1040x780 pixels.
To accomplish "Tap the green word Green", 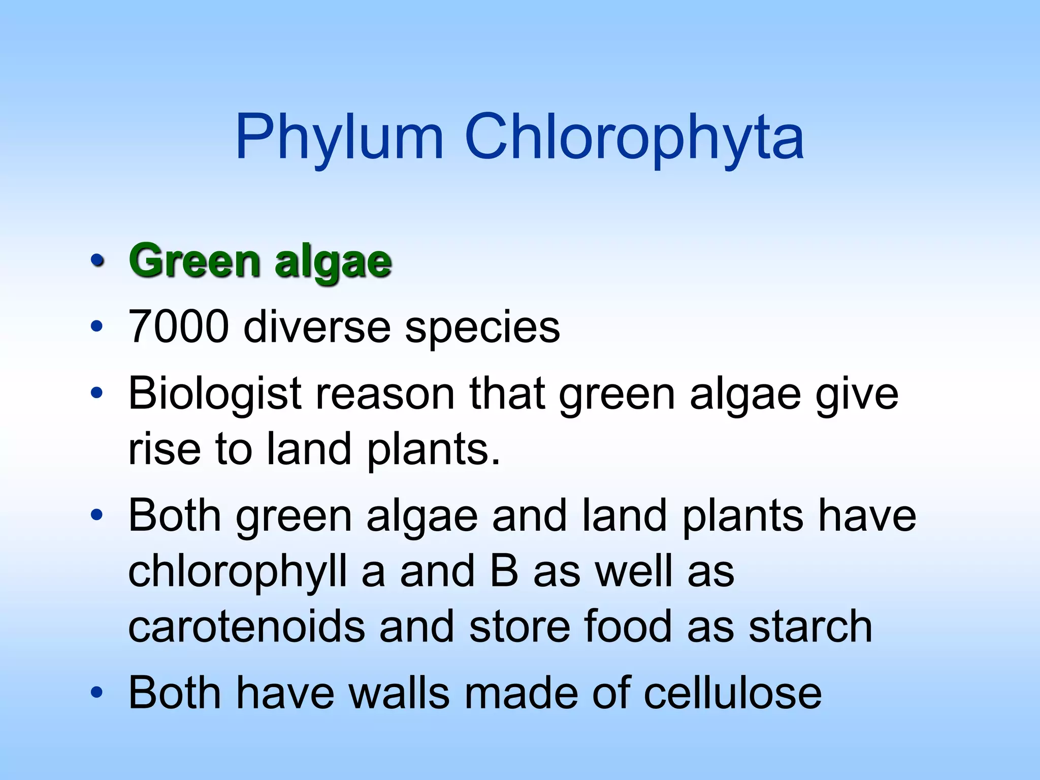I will [x=195, y=261].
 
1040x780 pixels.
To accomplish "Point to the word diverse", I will [x=317, y=327].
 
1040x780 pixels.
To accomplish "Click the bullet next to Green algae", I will [x=96, y=261].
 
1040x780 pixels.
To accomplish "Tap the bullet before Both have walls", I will [x=96, y=692].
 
